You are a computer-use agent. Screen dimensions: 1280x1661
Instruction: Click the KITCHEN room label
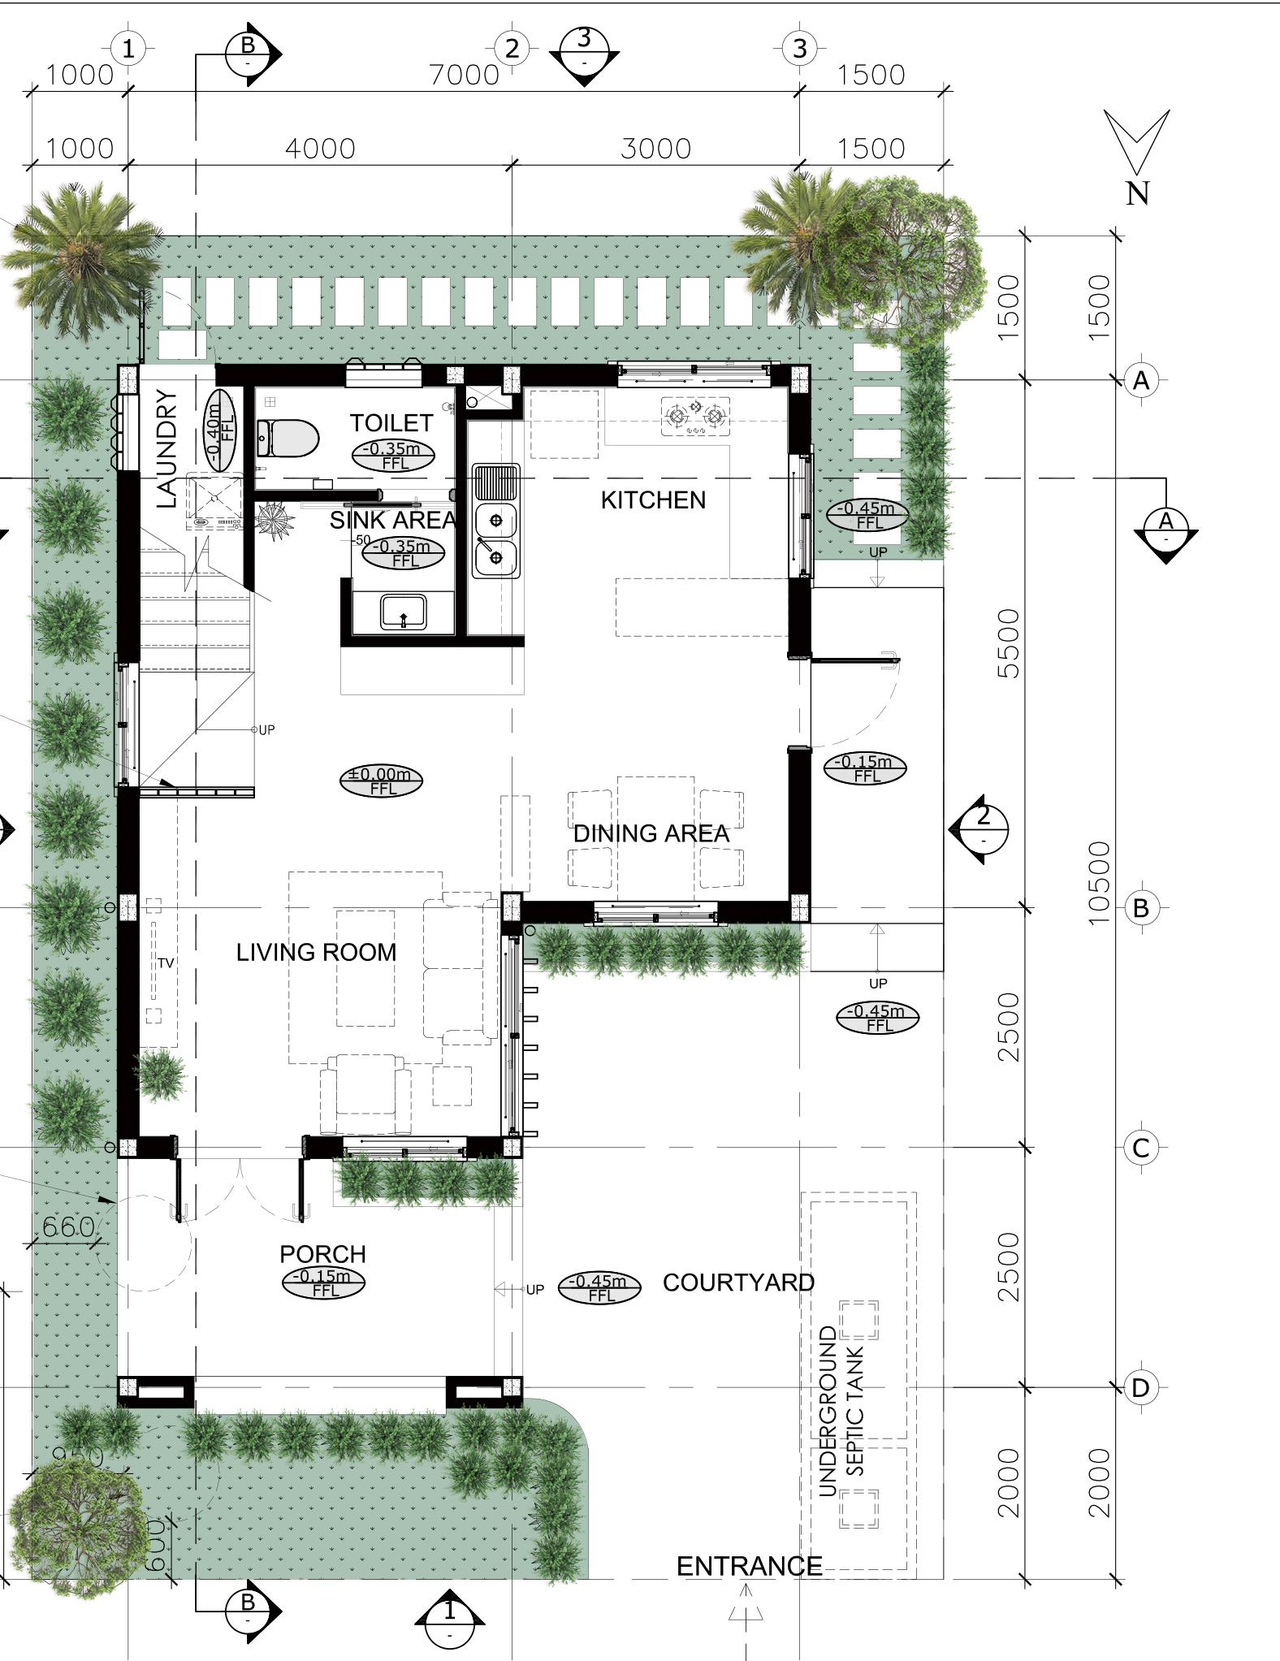click(653, 500)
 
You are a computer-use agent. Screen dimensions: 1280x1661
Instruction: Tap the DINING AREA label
click(651, 833)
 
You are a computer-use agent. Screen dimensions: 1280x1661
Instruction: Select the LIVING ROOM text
click(317, 952)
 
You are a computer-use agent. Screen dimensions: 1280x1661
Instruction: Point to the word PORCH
click(322, 1254)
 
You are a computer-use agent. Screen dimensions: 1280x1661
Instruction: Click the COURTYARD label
click(738, 1283)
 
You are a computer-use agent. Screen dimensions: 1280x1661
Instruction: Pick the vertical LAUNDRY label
click(166, 449)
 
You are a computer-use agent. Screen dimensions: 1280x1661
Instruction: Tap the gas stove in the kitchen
click(695, 416)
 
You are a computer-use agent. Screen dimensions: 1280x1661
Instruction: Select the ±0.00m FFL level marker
click(382, 781)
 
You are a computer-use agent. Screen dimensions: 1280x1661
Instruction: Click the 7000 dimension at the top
click(465, 75)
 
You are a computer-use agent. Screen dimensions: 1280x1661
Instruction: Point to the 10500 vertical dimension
click(1097, 882)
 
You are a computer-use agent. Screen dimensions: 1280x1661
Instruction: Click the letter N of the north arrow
click(1138, 193)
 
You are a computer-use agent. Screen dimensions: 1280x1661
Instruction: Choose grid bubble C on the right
click(1141, 1148)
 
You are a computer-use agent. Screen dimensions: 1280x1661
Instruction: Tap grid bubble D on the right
click(1141, 1387)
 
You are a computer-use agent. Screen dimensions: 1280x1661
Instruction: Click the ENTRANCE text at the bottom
click(749, 1566)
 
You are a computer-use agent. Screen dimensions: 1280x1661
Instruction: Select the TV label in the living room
click(166, 963)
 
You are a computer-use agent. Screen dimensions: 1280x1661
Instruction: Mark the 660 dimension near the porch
click(68, 1227)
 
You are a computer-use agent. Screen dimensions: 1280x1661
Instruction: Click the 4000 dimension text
click(320, 149)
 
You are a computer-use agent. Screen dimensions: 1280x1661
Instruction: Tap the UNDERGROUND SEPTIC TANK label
click(841, 1412)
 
